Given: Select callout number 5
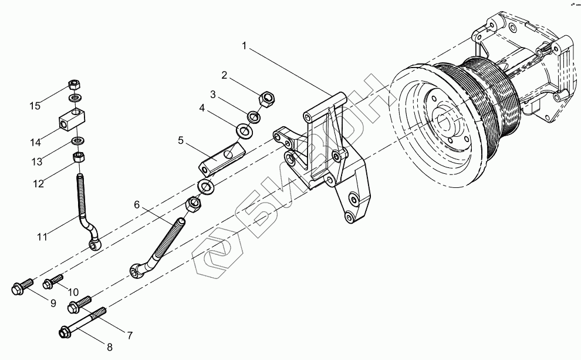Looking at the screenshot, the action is pos(181,140).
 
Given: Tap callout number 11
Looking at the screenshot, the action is pos(42,237).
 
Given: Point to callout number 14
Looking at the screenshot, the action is pos(35,142).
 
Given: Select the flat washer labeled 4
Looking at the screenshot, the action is pos(245,130).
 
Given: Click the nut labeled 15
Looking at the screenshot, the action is pos(74,83).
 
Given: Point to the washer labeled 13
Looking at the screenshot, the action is pos(77,141).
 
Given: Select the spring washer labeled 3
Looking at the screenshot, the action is pos(254,116).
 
